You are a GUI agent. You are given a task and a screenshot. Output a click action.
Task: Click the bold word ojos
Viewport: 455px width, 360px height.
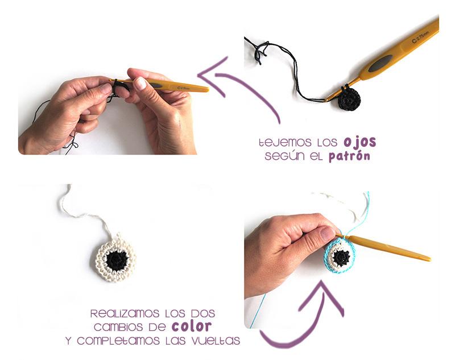tap(360, 142)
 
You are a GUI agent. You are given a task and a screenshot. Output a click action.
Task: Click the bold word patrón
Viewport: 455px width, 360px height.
tap(349, 156)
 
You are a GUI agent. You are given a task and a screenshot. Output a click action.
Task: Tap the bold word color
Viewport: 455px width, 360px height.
tap(192, 326)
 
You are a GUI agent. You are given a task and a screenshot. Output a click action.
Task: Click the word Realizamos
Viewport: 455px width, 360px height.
tap(125, 313)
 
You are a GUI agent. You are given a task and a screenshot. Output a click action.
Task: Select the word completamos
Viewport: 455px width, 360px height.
tap(118, 341)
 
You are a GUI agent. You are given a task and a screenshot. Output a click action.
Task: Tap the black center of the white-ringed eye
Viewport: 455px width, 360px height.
tap(117, 260)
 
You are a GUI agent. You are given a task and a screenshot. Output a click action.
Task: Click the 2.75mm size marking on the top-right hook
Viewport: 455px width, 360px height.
tap(421, 38)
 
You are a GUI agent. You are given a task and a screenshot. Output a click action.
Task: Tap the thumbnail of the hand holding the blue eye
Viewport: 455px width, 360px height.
tap(328, 233)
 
